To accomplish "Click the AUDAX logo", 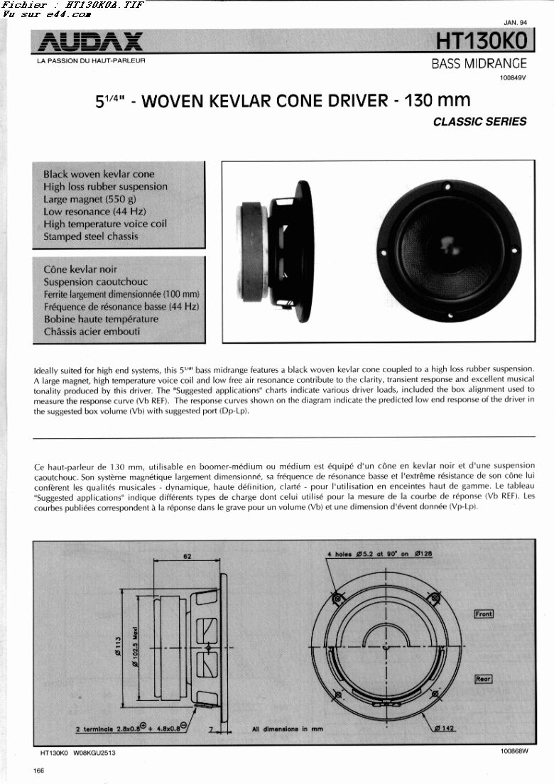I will coord(90,42).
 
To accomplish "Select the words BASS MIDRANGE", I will coord(479,64).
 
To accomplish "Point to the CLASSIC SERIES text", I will coord(479,121).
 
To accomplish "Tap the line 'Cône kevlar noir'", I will coord(80,269).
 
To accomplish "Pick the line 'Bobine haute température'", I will coord(101,319).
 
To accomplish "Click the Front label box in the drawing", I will coord(484,614).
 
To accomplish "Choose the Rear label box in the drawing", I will coord(483,679).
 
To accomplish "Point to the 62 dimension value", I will coord(188,556).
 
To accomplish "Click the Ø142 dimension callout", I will coord(444,728).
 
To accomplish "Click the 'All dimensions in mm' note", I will coord(287,729).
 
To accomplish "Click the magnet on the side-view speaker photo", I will coord(252,245).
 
